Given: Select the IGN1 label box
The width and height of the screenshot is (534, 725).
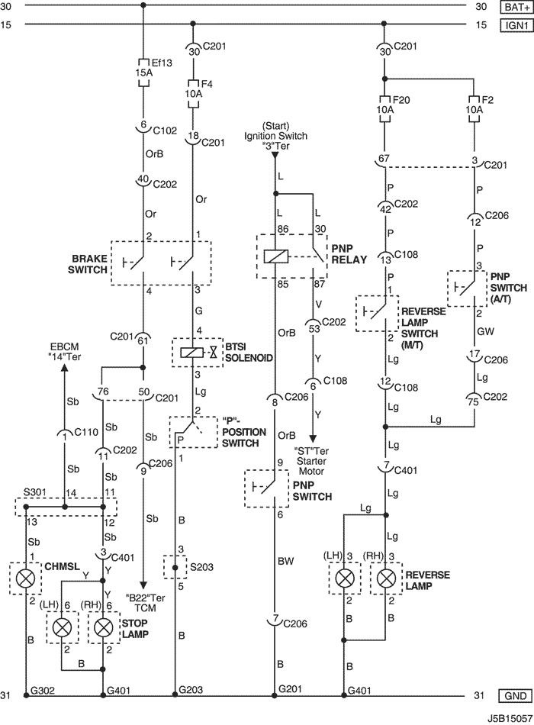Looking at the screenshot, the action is point(516,24).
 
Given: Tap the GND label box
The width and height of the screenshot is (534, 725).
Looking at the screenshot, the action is point(516,695).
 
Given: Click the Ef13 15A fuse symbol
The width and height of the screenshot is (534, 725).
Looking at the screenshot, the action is point(143,72).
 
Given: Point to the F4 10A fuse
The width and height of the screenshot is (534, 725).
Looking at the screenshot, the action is point(193,94).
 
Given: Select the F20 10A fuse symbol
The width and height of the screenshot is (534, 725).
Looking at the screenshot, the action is point(384,109).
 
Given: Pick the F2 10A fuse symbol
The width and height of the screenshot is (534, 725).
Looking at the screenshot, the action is point(474,109).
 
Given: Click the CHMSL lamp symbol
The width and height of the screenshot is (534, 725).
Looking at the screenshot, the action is point(26,578).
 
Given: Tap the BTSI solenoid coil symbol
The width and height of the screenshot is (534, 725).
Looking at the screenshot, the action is point(189,353).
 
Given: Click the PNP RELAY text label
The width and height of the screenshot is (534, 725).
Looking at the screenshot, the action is point(349,254).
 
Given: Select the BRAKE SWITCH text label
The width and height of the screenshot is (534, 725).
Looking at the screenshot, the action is point(88,263).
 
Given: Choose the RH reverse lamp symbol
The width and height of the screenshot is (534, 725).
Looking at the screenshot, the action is point(385,578).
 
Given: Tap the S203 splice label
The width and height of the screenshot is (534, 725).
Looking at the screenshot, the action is point(202,567).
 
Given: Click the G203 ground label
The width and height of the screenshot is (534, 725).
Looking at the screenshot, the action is point(191,691).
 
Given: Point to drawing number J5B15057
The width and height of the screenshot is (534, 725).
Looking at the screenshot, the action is point(509,719).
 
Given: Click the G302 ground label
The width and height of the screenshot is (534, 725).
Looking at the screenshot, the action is point(43,691).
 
